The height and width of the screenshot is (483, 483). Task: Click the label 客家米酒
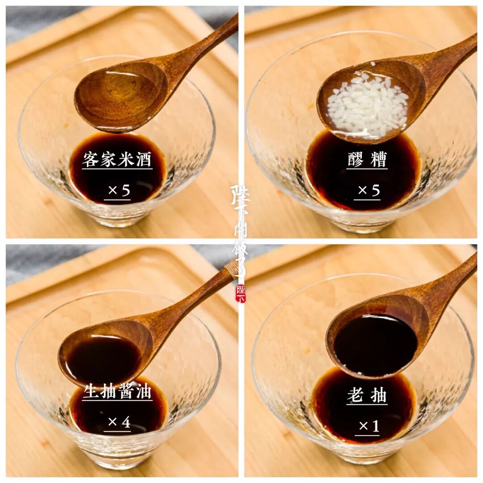tap(117, 160)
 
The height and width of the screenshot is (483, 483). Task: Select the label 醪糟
tap(367, 160)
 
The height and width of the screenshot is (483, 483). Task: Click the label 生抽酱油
tap(117, 391)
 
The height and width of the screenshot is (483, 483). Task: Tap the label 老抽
tap(367, 395)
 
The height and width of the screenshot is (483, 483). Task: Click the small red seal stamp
tap(241, 293)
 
